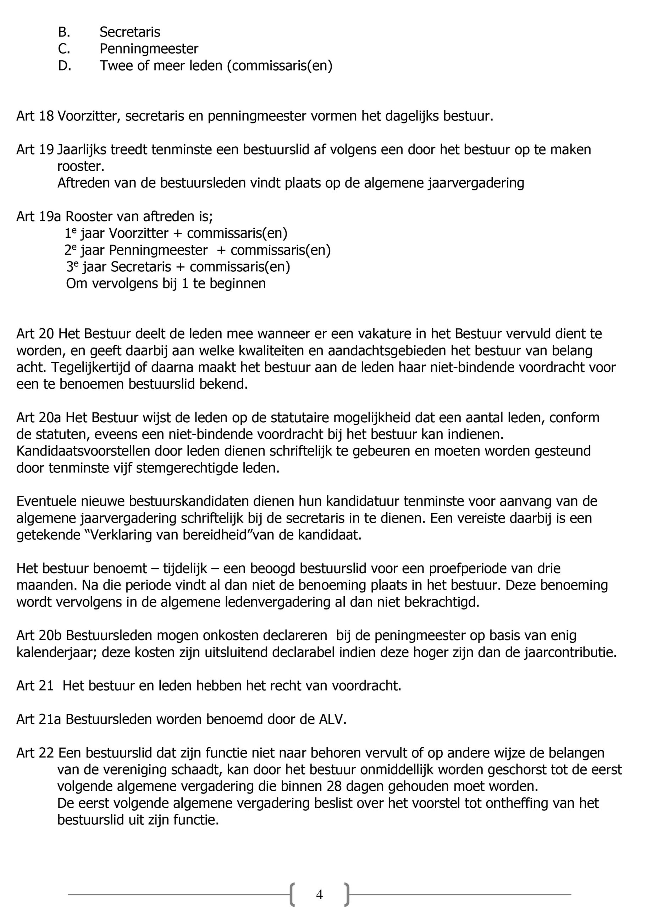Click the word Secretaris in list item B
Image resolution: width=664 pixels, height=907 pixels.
(x=130, y=32)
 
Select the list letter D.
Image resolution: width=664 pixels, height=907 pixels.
(x=64, y=66)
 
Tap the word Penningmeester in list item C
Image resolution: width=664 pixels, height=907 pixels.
(x=149, y=49)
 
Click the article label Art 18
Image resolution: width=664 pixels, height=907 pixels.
(x=35, y=116)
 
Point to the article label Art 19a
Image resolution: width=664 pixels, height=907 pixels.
(x=39, y=216)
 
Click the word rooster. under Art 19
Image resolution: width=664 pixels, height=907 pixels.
(x=81, y=166)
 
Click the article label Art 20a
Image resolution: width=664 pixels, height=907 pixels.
(x=39, y=418)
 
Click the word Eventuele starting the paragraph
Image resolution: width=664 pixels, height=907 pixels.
(x=46, y=501)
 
